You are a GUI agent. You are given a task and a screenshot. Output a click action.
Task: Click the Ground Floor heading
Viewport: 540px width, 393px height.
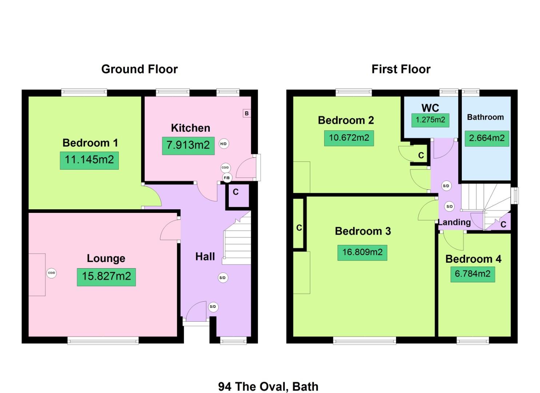(139, 69)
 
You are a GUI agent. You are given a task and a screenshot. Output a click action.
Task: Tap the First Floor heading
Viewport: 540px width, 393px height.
(401, 69)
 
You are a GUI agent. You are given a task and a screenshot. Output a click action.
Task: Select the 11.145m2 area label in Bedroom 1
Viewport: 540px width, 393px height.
(89, 160)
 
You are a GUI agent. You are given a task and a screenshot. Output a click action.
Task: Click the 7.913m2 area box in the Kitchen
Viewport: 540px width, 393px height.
(188, 145)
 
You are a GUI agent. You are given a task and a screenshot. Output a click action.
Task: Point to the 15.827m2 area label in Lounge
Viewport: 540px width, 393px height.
(106, 276)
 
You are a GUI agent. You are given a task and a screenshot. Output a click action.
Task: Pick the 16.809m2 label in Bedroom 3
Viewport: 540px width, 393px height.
(362, 252)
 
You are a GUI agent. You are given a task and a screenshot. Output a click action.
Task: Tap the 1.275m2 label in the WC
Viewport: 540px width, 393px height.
(430, 120)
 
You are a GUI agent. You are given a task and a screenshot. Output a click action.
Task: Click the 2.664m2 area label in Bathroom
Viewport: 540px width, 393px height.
(487, 138)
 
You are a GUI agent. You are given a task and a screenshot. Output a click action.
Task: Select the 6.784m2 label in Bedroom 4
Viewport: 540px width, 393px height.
(472, 274)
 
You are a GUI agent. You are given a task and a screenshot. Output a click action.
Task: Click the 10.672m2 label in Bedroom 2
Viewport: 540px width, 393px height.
(349, 138)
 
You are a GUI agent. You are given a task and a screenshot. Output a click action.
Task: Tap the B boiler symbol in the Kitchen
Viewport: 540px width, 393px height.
(247, 114)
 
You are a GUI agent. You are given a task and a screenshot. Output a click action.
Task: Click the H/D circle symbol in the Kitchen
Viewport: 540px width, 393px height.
(223, 144)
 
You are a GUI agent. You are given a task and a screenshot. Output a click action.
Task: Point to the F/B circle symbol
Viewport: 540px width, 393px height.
(227, 178)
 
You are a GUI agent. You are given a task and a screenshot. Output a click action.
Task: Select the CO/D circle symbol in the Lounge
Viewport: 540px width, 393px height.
(51, 273)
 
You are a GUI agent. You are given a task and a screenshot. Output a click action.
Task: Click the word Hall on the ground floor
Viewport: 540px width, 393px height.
(205, 257)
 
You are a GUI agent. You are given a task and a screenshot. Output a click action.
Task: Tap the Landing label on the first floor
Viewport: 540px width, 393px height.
(454, 222)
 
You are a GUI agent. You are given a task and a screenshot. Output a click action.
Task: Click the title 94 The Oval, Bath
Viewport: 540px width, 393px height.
(268, 386)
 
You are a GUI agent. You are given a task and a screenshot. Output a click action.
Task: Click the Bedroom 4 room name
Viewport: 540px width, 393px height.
(473, 259)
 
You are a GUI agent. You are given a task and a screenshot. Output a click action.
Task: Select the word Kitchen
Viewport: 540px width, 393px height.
(190, 128)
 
